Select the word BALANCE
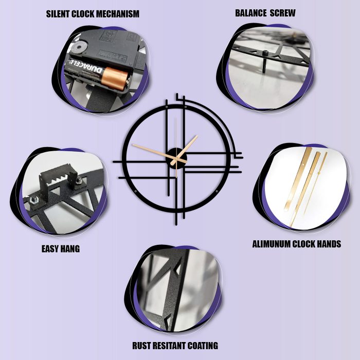point(250,13)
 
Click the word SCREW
point(283,13)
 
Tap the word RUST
point(141,346)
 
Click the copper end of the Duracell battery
point(114,80)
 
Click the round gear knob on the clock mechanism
point(79,47)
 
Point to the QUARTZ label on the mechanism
point(113,56)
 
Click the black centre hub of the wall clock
point(177,158)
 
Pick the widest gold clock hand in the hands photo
point(298,179)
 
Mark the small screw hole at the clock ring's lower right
point(217,191)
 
